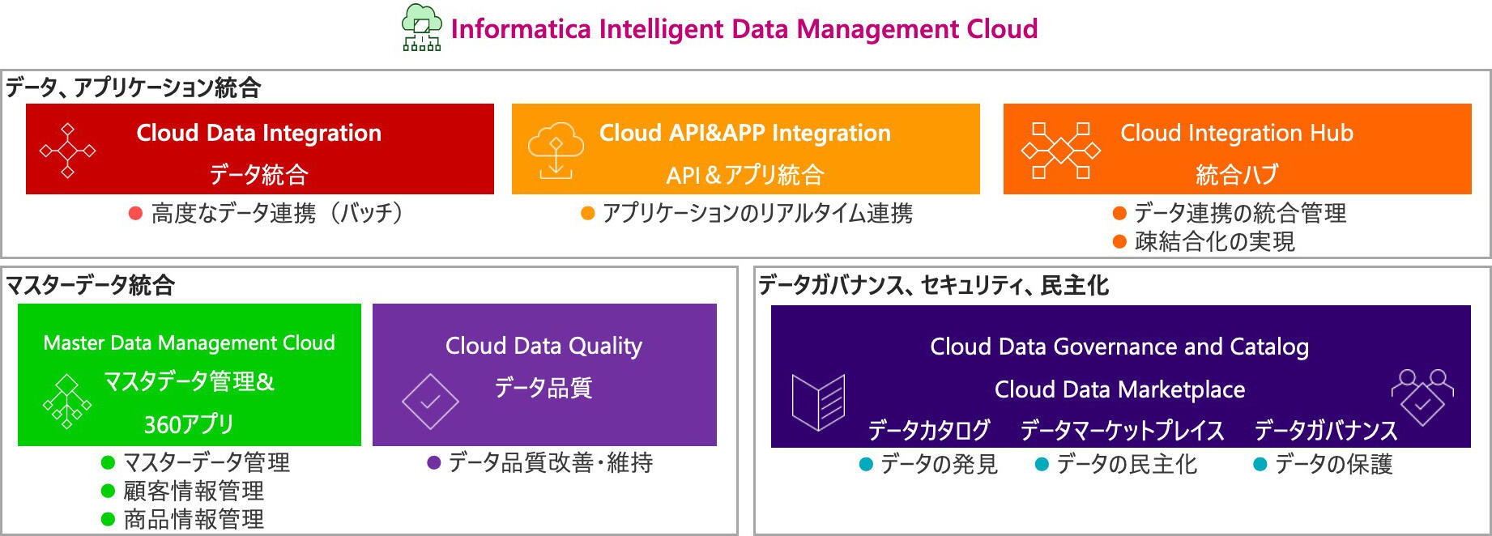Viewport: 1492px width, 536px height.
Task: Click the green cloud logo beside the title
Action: pyautogui.click(x=422, y=28)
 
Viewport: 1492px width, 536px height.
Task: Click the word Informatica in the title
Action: pyautogui.click(x=521, y=29)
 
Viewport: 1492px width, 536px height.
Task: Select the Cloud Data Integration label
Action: pyautogui.click(x=259, y=133)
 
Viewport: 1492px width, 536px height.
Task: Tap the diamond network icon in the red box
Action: pyautogui.click(x=68, y=151)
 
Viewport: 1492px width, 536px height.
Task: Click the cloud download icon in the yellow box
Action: pyautogui.click(x=556, y=151)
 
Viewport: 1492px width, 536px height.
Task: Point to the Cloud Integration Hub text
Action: pyautogui.click(x=1237, y=133)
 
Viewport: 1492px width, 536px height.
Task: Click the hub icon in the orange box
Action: pyautogui.click(x=1061, y=151)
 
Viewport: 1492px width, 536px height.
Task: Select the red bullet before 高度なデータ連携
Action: pyautogui.click(x=136, y=214)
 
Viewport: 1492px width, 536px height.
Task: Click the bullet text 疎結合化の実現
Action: pyautogui.click(x=1215, y=241)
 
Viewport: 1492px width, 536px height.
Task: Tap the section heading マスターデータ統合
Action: pyautogui.click(x=90, y=285)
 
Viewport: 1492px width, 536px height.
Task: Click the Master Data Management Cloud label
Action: pyautogui.click(x=189, y=342)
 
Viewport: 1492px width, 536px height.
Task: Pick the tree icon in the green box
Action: pyautogui.click(x=67, y=402)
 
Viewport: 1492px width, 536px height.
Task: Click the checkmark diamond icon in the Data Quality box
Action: pyautogui.click(x=430, y=402)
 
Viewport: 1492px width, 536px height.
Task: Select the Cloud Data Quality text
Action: pyautogui.click(x=544, y=346)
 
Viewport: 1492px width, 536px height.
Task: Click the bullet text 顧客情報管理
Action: pyautogui.click(x=194, y=491)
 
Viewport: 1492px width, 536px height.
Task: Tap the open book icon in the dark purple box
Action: pyautogui.click(x=818, y=402)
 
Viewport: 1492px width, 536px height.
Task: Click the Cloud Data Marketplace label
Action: pyautogui.click(x=1119, y=389)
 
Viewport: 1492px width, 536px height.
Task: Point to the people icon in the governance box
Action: pyautogui.click(x=1422, y=397)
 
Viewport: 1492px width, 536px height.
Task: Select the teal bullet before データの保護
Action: pyautogui.click(x=1260, y=465)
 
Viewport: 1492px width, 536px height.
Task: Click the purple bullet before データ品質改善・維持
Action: pyautogui.click(x=433, y=463)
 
